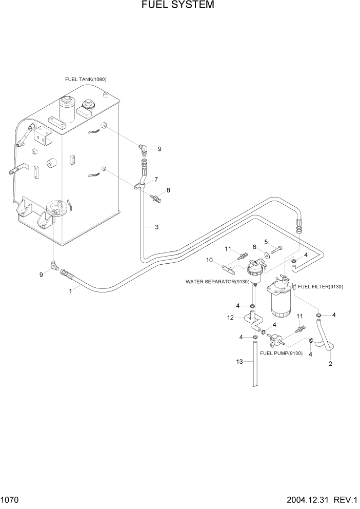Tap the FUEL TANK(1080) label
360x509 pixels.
[x=86, y=80]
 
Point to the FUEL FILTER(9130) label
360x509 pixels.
[x=321, y=286]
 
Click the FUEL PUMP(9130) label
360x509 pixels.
[x=281, y=354]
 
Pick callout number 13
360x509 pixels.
[x=239, y=362]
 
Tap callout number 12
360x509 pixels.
[x=231, y=318]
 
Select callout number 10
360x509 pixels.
[x=210, y=260]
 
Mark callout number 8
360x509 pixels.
[x=168, y=190]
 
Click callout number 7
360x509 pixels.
[x=156, y=179]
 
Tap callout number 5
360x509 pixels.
[x=266, y=242]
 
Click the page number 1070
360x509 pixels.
[x=10, y=500]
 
